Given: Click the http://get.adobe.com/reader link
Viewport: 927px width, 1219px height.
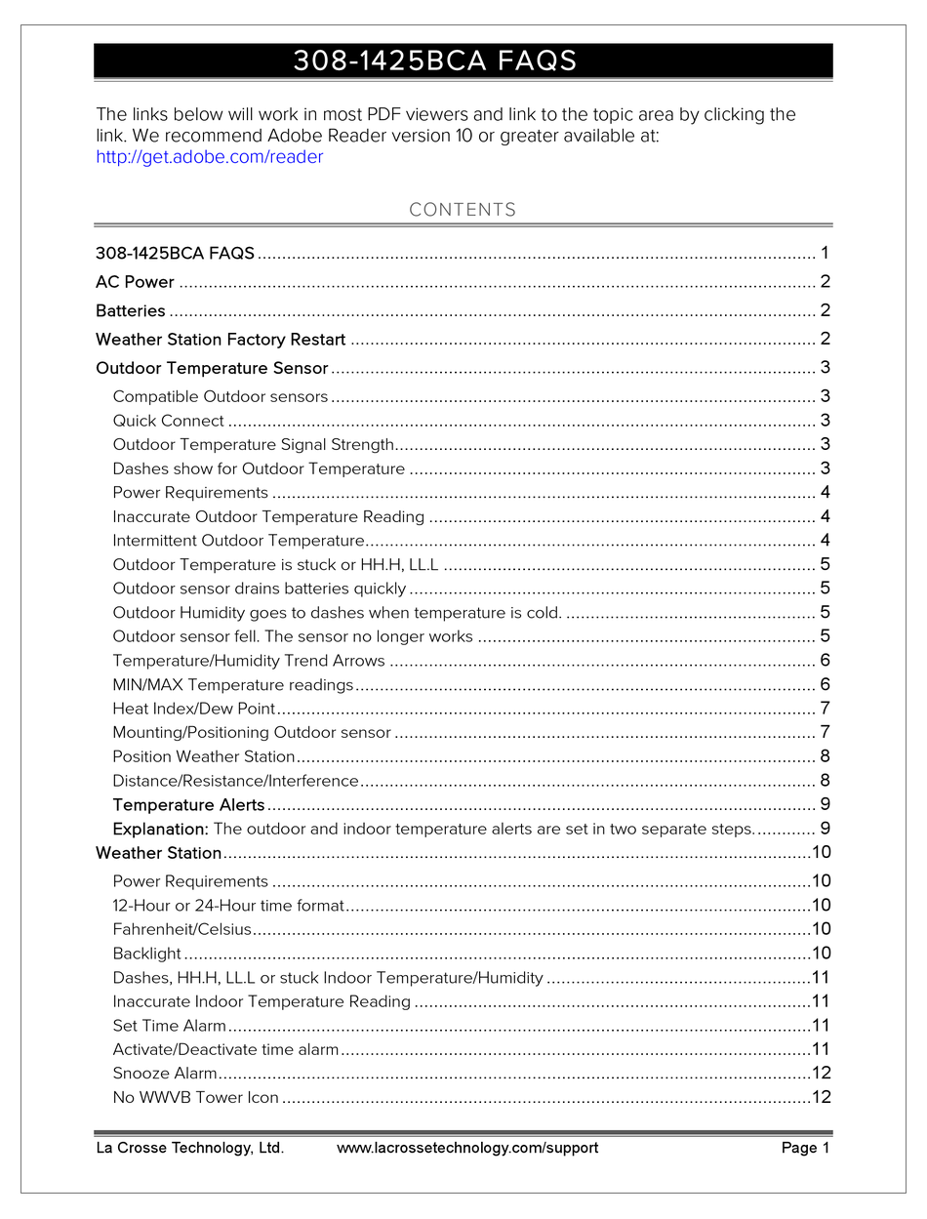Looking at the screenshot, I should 209,157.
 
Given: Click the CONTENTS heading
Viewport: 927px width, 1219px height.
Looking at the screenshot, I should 463,210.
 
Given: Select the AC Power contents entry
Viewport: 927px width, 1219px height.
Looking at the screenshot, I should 135,283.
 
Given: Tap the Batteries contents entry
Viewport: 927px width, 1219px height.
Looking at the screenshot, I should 131,311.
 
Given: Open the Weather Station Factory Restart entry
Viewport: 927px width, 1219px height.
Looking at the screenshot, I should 221,340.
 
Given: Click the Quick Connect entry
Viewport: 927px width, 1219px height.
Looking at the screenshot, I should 168,422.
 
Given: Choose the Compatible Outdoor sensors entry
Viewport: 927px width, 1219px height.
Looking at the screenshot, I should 220,397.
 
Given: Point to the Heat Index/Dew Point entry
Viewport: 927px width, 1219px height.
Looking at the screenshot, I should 193,709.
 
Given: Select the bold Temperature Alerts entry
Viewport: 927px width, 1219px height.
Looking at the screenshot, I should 188,805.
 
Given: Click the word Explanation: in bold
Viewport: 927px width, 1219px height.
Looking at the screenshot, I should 160,830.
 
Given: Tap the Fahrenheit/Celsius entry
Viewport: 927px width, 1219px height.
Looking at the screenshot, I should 181,930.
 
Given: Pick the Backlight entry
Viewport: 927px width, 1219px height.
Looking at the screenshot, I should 146,954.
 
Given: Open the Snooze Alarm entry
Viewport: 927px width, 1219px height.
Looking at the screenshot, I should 164,1074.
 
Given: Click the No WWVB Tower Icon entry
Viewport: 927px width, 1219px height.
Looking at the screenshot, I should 195,1098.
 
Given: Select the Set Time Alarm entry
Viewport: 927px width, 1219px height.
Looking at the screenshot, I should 169,1026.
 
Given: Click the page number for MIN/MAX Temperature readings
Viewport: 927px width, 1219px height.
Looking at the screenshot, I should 825,685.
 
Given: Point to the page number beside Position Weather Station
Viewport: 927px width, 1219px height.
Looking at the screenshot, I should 825,756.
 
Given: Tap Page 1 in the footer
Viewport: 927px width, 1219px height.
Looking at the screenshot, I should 805,1149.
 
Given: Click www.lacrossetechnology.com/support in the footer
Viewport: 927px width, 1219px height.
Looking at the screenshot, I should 467,1149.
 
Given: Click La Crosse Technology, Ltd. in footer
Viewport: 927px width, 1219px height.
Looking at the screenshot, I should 189,1149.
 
